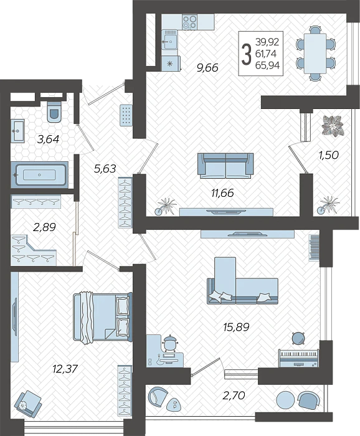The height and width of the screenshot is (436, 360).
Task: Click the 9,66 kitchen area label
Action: point(206,68)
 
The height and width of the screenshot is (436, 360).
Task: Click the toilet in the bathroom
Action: point(55,112)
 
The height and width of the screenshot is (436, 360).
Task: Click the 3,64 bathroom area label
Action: point(48,140)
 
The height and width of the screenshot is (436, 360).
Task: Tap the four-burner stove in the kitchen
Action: point(189,23)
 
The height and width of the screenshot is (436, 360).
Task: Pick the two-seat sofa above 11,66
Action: point(225,165)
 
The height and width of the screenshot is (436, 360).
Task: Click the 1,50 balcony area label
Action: point(328,155)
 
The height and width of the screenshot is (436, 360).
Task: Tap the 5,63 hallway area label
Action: point(105,167)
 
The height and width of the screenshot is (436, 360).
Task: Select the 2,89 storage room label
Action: point(44,227)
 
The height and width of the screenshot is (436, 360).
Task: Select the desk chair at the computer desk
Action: point(170,343)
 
